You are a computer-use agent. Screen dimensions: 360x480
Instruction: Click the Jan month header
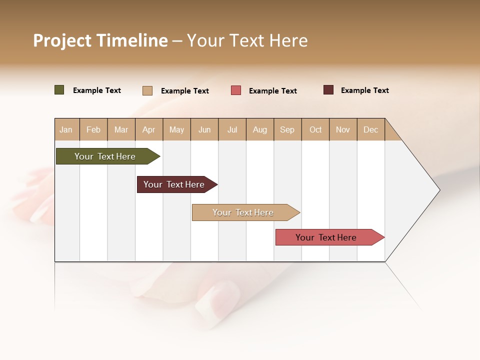click(x=66, y=129)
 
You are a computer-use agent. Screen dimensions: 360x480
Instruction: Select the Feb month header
click(x=93, y=129)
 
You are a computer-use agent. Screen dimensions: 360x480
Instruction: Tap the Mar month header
click(x=121, y=129)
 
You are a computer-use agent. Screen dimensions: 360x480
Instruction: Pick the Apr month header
click(x=149, y=129)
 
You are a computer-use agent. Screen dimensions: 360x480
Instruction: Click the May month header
click(x=176, y=129)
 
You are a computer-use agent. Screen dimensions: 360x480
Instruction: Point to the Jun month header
click(x=204, y=129)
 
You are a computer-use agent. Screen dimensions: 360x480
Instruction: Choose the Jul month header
click(x=232, y=129)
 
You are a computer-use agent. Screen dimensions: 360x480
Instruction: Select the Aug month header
click(x=260, y=129)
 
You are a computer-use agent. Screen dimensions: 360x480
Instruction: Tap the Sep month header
click(x=287, y=129)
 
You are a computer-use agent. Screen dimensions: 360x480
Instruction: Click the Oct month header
click(x=315, y=129)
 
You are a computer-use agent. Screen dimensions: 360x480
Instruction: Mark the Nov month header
click(x=343, y=129)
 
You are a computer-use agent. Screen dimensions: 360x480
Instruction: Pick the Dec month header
click(x=371, y=129)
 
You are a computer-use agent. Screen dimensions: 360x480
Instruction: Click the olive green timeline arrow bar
click(x=105, y=156)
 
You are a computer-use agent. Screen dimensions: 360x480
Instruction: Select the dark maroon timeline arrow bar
click(x=174, y=184)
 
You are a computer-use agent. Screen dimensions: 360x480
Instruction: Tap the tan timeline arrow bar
click(x=243, y=212)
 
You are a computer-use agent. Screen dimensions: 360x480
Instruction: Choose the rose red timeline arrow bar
click(x=326, y=237)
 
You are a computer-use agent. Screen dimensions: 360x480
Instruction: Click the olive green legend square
click(x=59, y=90)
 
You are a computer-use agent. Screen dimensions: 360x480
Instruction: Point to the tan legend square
click(x=147, y=90)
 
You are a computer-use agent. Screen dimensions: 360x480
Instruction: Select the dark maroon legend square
click(x=328, y=90)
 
